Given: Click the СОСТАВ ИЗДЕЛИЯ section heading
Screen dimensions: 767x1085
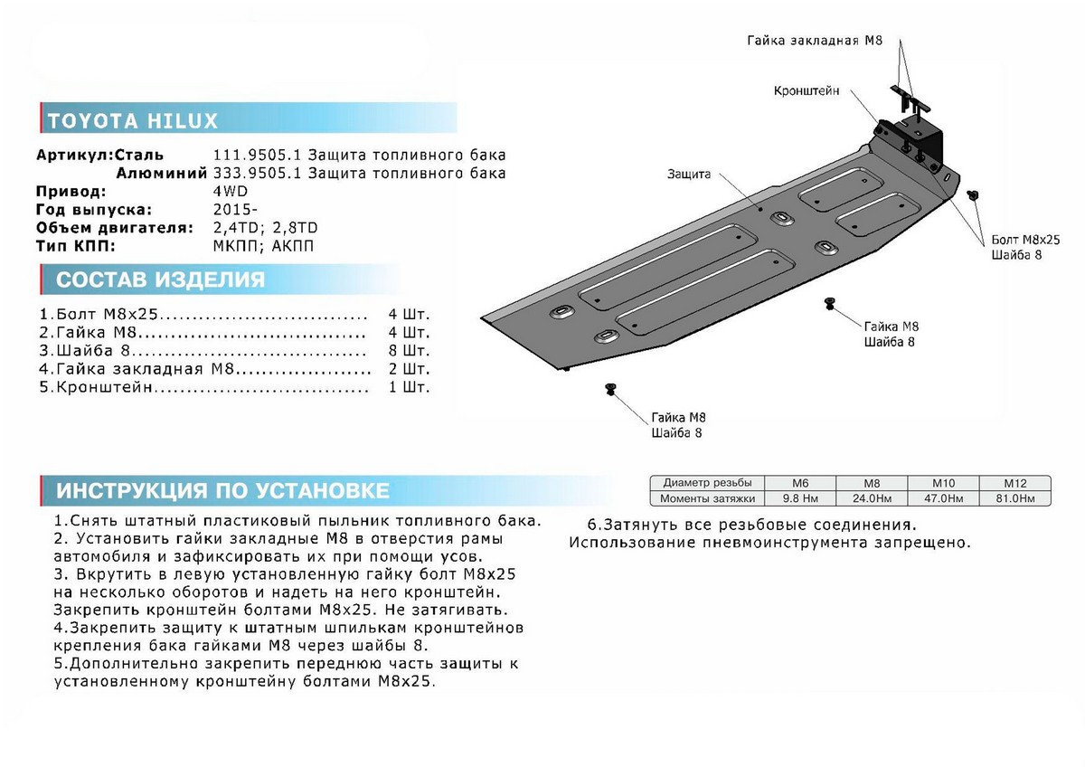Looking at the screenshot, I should coord(161,279).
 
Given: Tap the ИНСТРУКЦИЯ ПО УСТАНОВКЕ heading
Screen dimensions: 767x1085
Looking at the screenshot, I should coord(222,491).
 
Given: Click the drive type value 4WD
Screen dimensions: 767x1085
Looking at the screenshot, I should coord(230,192).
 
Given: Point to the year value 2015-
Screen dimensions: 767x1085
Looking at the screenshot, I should coord(231,210).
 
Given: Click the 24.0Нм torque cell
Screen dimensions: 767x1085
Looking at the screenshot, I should coord(872,498).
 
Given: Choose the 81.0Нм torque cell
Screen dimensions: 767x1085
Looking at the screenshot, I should coord(1016,498).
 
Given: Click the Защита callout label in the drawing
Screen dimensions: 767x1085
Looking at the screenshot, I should coord(690,174).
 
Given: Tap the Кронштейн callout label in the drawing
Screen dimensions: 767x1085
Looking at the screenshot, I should coord(807,91).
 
